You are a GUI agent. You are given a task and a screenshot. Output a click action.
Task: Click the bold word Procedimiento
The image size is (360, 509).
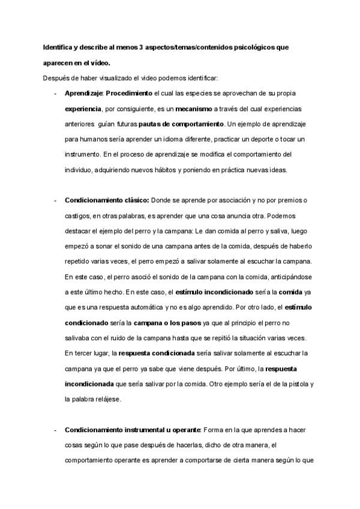[130, 95]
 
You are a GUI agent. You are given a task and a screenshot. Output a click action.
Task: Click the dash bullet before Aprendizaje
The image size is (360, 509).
[56, 95]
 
